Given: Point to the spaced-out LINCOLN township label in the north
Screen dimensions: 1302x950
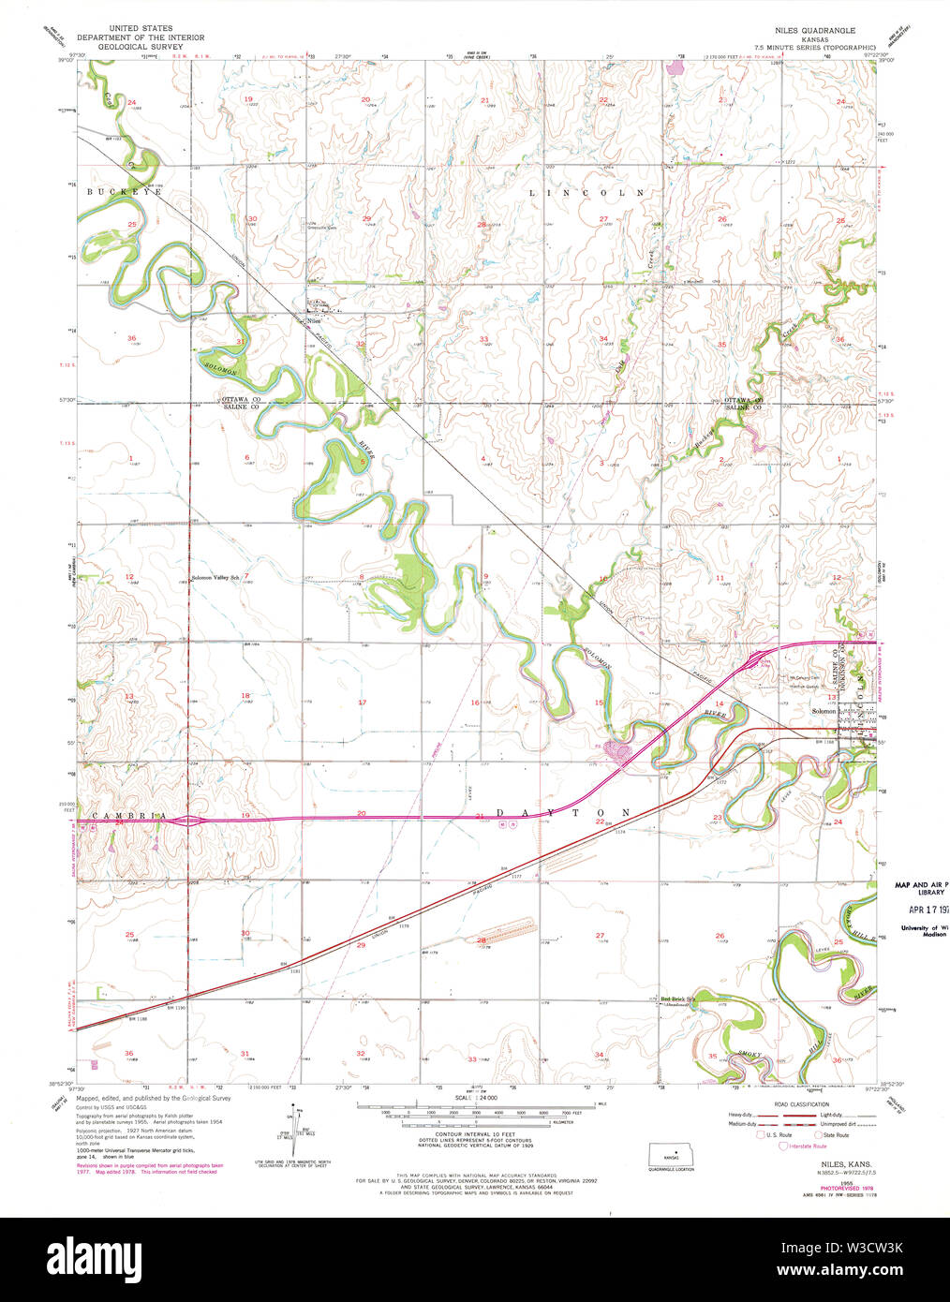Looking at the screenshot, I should tap(587, 193).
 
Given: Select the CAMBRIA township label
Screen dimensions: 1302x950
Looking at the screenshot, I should tap(129, 816).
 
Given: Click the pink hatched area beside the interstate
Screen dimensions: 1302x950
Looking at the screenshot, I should tap(617, 748).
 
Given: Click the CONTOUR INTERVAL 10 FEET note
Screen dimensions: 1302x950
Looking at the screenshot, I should tap(476, 1133).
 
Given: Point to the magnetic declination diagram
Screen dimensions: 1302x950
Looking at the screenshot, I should tap(292, 1132).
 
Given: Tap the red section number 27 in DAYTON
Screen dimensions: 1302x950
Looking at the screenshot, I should tap(600, 935).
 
